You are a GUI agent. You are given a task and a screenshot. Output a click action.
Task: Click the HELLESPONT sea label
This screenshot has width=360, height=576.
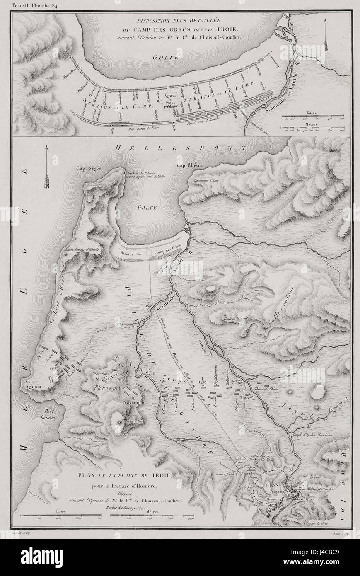[x=181, y=148]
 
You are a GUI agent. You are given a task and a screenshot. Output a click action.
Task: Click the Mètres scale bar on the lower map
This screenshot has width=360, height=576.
[x=152, y=517]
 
